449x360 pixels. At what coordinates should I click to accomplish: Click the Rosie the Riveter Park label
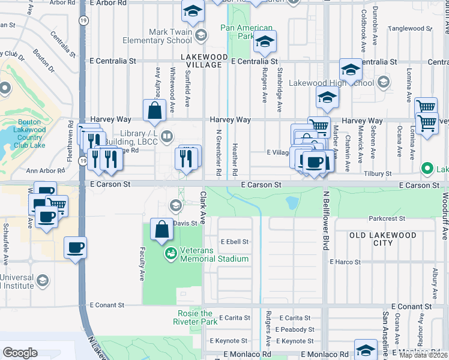197,317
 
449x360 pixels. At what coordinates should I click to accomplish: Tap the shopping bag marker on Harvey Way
155,110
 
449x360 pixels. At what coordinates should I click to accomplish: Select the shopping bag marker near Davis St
161,229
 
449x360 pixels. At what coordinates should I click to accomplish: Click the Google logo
20,353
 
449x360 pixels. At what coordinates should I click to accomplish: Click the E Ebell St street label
234,242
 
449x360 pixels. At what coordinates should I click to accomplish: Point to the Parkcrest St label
388,218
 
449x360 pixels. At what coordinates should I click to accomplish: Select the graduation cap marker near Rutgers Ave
264,41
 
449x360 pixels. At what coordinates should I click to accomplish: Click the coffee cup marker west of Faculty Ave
75,247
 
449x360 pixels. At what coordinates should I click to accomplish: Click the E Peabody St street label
295,329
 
